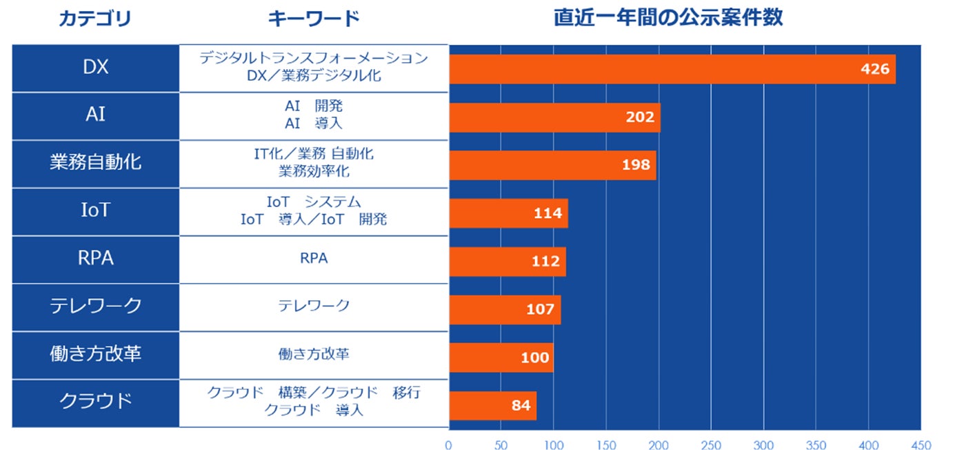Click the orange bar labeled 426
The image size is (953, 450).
[x=672, y=69]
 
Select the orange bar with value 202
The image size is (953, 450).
[x=554, y=117]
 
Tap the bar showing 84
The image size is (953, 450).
[x=492, y=406]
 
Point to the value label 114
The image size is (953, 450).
[x=548, y=213]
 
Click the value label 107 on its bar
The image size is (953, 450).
[x=540, y=309]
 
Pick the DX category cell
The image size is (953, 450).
[x=96, y=68]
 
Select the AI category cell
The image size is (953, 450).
[x=96, y=116]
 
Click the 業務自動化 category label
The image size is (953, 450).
[x=96, y=164]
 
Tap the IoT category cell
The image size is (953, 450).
[x=96, y=211]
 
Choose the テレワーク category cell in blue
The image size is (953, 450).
[x=96, y=306]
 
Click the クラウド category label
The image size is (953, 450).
[x=96, y=402]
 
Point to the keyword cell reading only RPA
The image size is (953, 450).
[x=314, y=259]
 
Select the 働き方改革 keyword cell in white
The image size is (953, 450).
[x=314, y=355]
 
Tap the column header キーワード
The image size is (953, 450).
[x=314, y=19]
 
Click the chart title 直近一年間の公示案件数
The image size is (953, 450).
[x=668, y=18]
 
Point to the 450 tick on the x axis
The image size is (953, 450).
[x=920, y=445]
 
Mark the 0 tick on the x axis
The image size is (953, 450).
[x=448, y=445]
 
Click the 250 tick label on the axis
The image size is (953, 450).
[x=710, y=445]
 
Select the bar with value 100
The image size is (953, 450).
[x=501, y=358]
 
